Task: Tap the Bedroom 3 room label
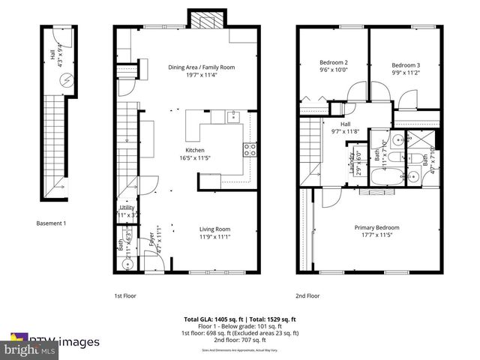point(404,64)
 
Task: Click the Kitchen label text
point(185,150)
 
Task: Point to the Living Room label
point(214,229)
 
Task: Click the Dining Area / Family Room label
point(200,67)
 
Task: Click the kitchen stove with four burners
point(250,149)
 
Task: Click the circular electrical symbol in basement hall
point(66,77)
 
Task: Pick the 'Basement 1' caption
point(52,223)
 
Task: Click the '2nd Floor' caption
point(308,295)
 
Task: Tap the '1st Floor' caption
point(124,295)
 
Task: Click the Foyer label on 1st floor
point(151,241)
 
